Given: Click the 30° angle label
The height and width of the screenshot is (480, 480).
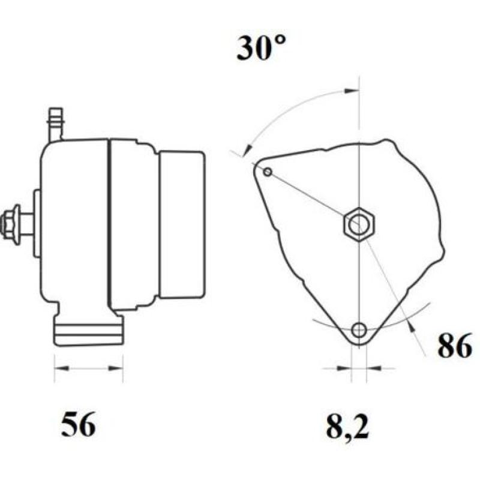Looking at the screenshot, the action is (261, 47).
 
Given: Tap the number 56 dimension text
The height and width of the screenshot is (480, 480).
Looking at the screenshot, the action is (79, 424).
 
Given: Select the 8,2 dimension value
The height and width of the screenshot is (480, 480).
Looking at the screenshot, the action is (347, 426).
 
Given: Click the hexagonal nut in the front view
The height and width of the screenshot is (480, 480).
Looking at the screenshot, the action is (359, 224).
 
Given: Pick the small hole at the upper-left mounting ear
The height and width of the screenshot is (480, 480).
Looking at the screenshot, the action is (268, 172).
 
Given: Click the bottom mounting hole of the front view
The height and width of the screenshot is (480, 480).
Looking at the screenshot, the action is (359, 330).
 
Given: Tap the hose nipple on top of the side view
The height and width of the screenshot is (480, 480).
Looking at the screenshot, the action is (56, 124).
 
